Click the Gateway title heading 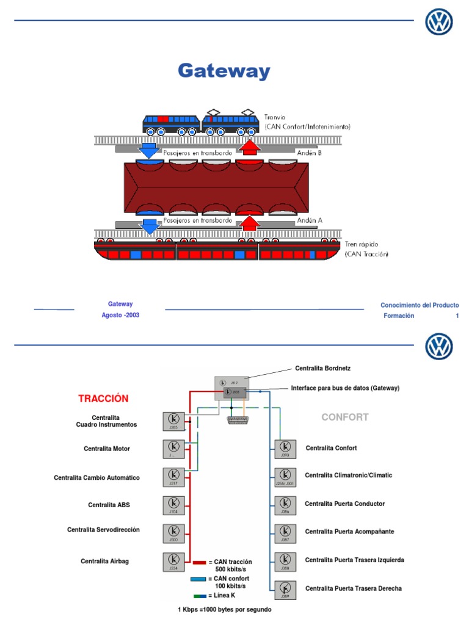(x=224, y=71)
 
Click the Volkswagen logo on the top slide (x=439, y=23)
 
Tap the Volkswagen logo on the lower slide (x=439, y=348)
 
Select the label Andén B (x=310, y=153)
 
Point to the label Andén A (x=310, y=220)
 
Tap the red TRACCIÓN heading (x=103, y=399)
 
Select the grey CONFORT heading (x=345, y=417)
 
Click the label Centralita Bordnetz (x=322, y=369)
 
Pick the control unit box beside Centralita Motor (x=174, y=449)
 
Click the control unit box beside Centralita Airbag (x=174, y=562)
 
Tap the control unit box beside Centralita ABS (x=174, y=505)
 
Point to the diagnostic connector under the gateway (x=236, y=421)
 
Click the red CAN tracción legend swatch (x=199, y=562)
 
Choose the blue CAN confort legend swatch (x=199, y=578)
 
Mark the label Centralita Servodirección (x=103, y=530)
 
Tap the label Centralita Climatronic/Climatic (x=349, y=475)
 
